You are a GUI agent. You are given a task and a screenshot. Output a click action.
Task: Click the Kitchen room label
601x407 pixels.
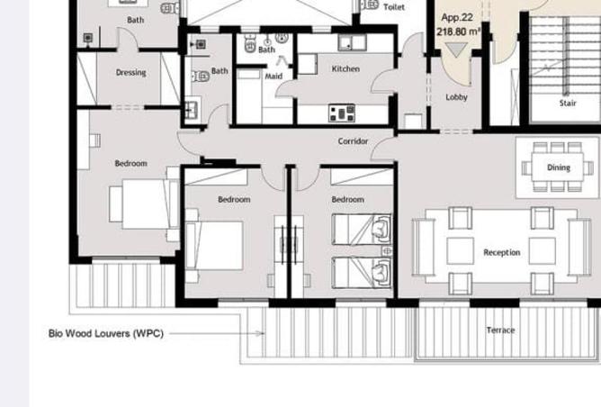pos(345,69)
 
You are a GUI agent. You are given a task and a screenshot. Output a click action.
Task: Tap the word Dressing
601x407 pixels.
pos(130,73)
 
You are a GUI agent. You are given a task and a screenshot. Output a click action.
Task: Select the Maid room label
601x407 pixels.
pos(274,77)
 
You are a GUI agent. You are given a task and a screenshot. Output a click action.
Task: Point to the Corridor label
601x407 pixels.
pos(353,141)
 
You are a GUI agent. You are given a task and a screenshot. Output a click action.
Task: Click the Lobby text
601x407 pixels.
pos(456,97)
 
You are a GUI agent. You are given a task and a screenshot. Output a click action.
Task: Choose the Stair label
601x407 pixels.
pos(568,104)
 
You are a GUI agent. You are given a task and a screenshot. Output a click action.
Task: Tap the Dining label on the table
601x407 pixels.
pos(558,167)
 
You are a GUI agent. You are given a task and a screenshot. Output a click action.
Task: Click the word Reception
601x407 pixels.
pos(501,253)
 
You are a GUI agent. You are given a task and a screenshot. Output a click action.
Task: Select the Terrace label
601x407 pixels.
pos(500,330)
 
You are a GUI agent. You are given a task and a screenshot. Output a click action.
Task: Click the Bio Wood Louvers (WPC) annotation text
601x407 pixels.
pos(106,333)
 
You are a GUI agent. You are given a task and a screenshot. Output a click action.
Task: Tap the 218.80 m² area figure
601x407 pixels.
pos(458,32)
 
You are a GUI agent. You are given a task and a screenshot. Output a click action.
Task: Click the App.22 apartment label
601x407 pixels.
pos(457,17)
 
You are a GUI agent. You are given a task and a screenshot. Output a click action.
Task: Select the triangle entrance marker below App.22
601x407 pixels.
pos(457,50)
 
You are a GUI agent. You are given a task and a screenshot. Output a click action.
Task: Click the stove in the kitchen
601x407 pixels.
pos(342,113)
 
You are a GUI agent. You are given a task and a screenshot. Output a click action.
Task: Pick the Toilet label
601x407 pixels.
pos(393,6)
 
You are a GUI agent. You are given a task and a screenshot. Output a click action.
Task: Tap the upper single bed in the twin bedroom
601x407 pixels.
pos(362,229)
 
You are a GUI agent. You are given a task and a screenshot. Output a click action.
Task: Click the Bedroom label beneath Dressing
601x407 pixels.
pos(130,164)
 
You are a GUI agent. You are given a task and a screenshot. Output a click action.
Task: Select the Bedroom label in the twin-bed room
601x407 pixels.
pos(347,200)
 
